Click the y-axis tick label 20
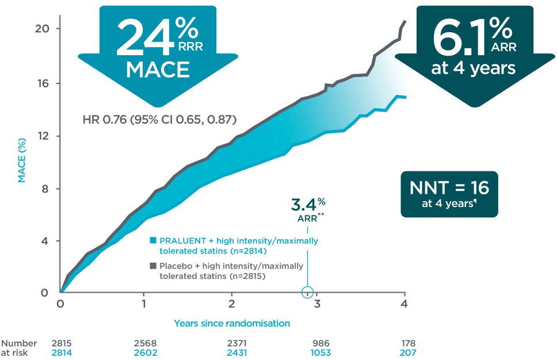click(42, 28)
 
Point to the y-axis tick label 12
click(42, 136)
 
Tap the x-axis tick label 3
click(317, 304)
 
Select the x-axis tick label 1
click(143, 304)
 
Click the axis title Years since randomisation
click(232, 323)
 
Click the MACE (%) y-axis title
click(22, 160)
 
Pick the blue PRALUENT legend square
click(153, 240)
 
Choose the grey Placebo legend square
click(153, 266)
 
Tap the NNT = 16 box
click(449, 194)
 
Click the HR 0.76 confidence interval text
click(159, 120)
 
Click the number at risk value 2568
click(145, 343)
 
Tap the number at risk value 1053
click(321, 353)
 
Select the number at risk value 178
click(408, 343)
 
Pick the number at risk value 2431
click(237, 353)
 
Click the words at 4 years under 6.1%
click(473, 68)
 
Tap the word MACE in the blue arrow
click(158, 70)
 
